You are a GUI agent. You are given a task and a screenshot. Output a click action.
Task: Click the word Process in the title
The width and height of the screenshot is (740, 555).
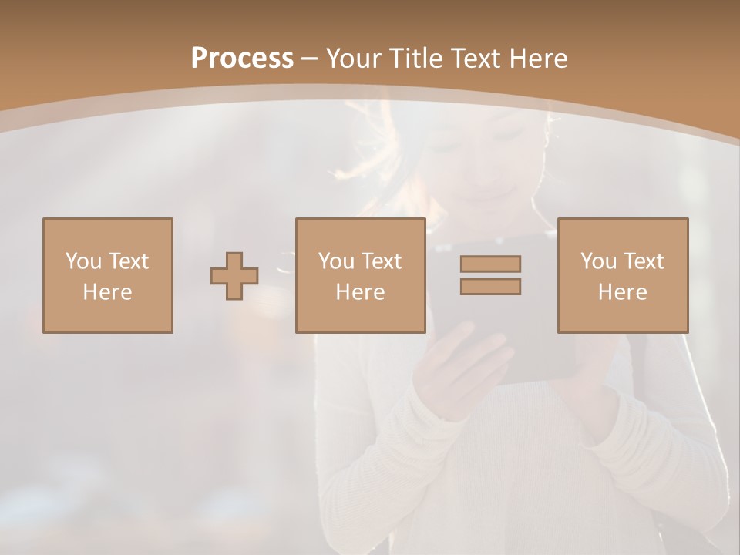coord(242,59)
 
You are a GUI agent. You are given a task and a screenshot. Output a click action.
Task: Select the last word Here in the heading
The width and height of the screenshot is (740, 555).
coord(540,59)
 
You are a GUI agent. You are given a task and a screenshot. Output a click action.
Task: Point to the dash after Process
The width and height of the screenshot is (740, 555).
coord(309,59)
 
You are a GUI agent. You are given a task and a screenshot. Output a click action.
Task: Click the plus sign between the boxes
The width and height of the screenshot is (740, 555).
coord(234,275)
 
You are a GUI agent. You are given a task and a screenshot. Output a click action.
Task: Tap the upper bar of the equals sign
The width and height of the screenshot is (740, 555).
coord(490,264)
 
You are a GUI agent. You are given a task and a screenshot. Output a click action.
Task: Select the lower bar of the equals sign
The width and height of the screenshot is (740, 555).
coord(490,286)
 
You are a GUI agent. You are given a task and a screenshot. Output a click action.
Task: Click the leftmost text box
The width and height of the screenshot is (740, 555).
coord(107,275)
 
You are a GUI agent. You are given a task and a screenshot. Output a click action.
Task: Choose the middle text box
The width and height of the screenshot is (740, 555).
coord(360,275)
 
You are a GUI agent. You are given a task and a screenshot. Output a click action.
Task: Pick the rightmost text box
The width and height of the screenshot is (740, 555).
coord(622,275)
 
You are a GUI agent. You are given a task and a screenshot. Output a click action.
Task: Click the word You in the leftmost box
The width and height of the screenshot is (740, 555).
coord(82,261)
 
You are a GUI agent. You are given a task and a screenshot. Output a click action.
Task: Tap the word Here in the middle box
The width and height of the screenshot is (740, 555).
coord(360,292)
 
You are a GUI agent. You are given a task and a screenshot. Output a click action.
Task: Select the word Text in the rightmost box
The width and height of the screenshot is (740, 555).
coord(642,261)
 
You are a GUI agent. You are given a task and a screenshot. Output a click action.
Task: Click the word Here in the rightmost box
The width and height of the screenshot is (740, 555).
coord(622,292)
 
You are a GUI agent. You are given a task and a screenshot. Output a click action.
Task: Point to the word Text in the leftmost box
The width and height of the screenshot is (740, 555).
coord(127,261)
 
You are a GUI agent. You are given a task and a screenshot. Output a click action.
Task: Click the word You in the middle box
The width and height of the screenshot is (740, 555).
coord(335,261)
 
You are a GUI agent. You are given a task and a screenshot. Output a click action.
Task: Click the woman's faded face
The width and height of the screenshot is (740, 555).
coord(493,154)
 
